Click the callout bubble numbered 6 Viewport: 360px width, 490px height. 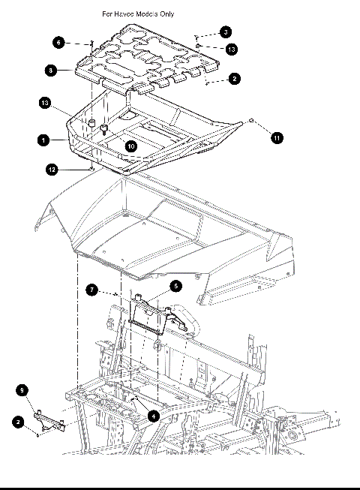(x=58, y=43)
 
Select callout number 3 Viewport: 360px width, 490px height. (x=226, y=32)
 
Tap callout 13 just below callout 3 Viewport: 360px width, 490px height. (x=231, y=50)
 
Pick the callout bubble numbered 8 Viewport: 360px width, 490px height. (x=51, y=71)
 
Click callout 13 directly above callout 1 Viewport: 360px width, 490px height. (x=45, y=103)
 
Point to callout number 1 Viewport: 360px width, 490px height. (x=43, y=140)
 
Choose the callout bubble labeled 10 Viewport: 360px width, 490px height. (x=131, y=146)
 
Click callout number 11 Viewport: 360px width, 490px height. (x=277, y=138)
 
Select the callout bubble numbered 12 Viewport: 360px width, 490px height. (x=52, y=170)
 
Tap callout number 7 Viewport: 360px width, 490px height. (x=91, y=290)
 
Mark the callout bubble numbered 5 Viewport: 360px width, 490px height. (x=176, y=286)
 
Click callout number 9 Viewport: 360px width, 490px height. (x=22, y=390)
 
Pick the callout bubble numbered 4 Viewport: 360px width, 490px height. (x=153, y=416)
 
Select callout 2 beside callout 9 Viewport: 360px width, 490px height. (x=19, y=422)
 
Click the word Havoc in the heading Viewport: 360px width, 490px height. (x=124, y=14)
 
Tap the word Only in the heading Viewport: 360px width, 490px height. (x=167, y=14)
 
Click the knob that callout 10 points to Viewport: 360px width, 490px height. (x=104, y=129)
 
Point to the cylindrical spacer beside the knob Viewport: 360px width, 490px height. (x=91, y=122)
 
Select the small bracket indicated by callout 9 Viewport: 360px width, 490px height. (x=49, y=420)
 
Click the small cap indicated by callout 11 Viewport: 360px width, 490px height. (x=252, y=121)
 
